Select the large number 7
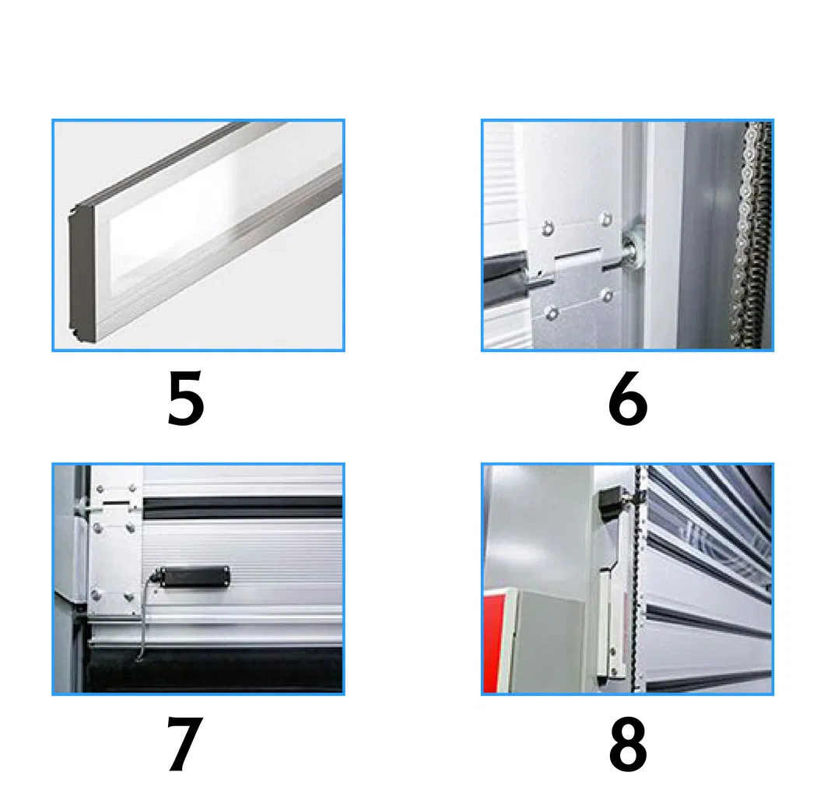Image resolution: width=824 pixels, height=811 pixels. point(185,744)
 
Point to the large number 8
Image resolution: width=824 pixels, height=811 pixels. point(627,744)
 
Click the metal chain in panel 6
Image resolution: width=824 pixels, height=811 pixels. point(750,233)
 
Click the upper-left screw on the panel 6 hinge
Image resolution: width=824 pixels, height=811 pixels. point(548,227)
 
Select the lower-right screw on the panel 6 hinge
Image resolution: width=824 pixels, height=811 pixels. point(607,295)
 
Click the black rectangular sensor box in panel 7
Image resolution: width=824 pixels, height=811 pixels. point(195,576)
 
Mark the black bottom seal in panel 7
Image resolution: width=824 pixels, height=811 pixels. point(218,669)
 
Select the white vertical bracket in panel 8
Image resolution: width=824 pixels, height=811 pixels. point(608,615)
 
